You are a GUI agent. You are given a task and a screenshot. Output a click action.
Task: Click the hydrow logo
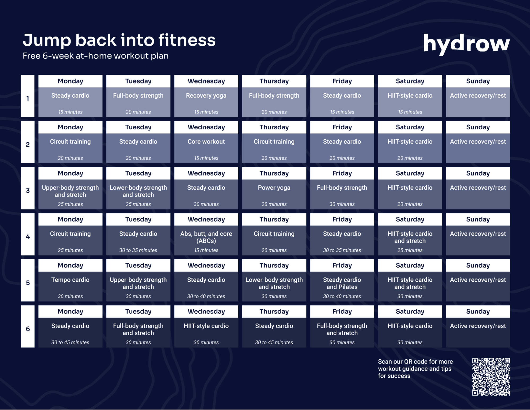point(466,44)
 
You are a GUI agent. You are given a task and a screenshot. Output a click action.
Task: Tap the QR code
point(491,377)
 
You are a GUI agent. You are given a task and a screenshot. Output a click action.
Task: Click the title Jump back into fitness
point(119,40)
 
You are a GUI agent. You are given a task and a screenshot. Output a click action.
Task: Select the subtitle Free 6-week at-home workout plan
point(95,56)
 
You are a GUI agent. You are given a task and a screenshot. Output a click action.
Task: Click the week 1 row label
point(28,98)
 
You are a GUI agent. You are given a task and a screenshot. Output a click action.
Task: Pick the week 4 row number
point(28,237)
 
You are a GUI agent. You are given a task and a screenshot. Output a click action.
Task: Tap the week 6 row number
point(28,329)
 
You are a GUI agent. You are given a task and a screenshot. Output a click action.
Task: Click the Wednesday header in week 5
point(206,265)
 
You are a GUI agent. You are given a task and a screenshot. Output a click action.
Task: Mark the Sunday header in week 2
point(478,127)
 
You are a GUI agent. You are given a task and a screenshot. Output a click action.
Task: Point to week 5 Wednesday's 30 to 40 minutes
point(206,296)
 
